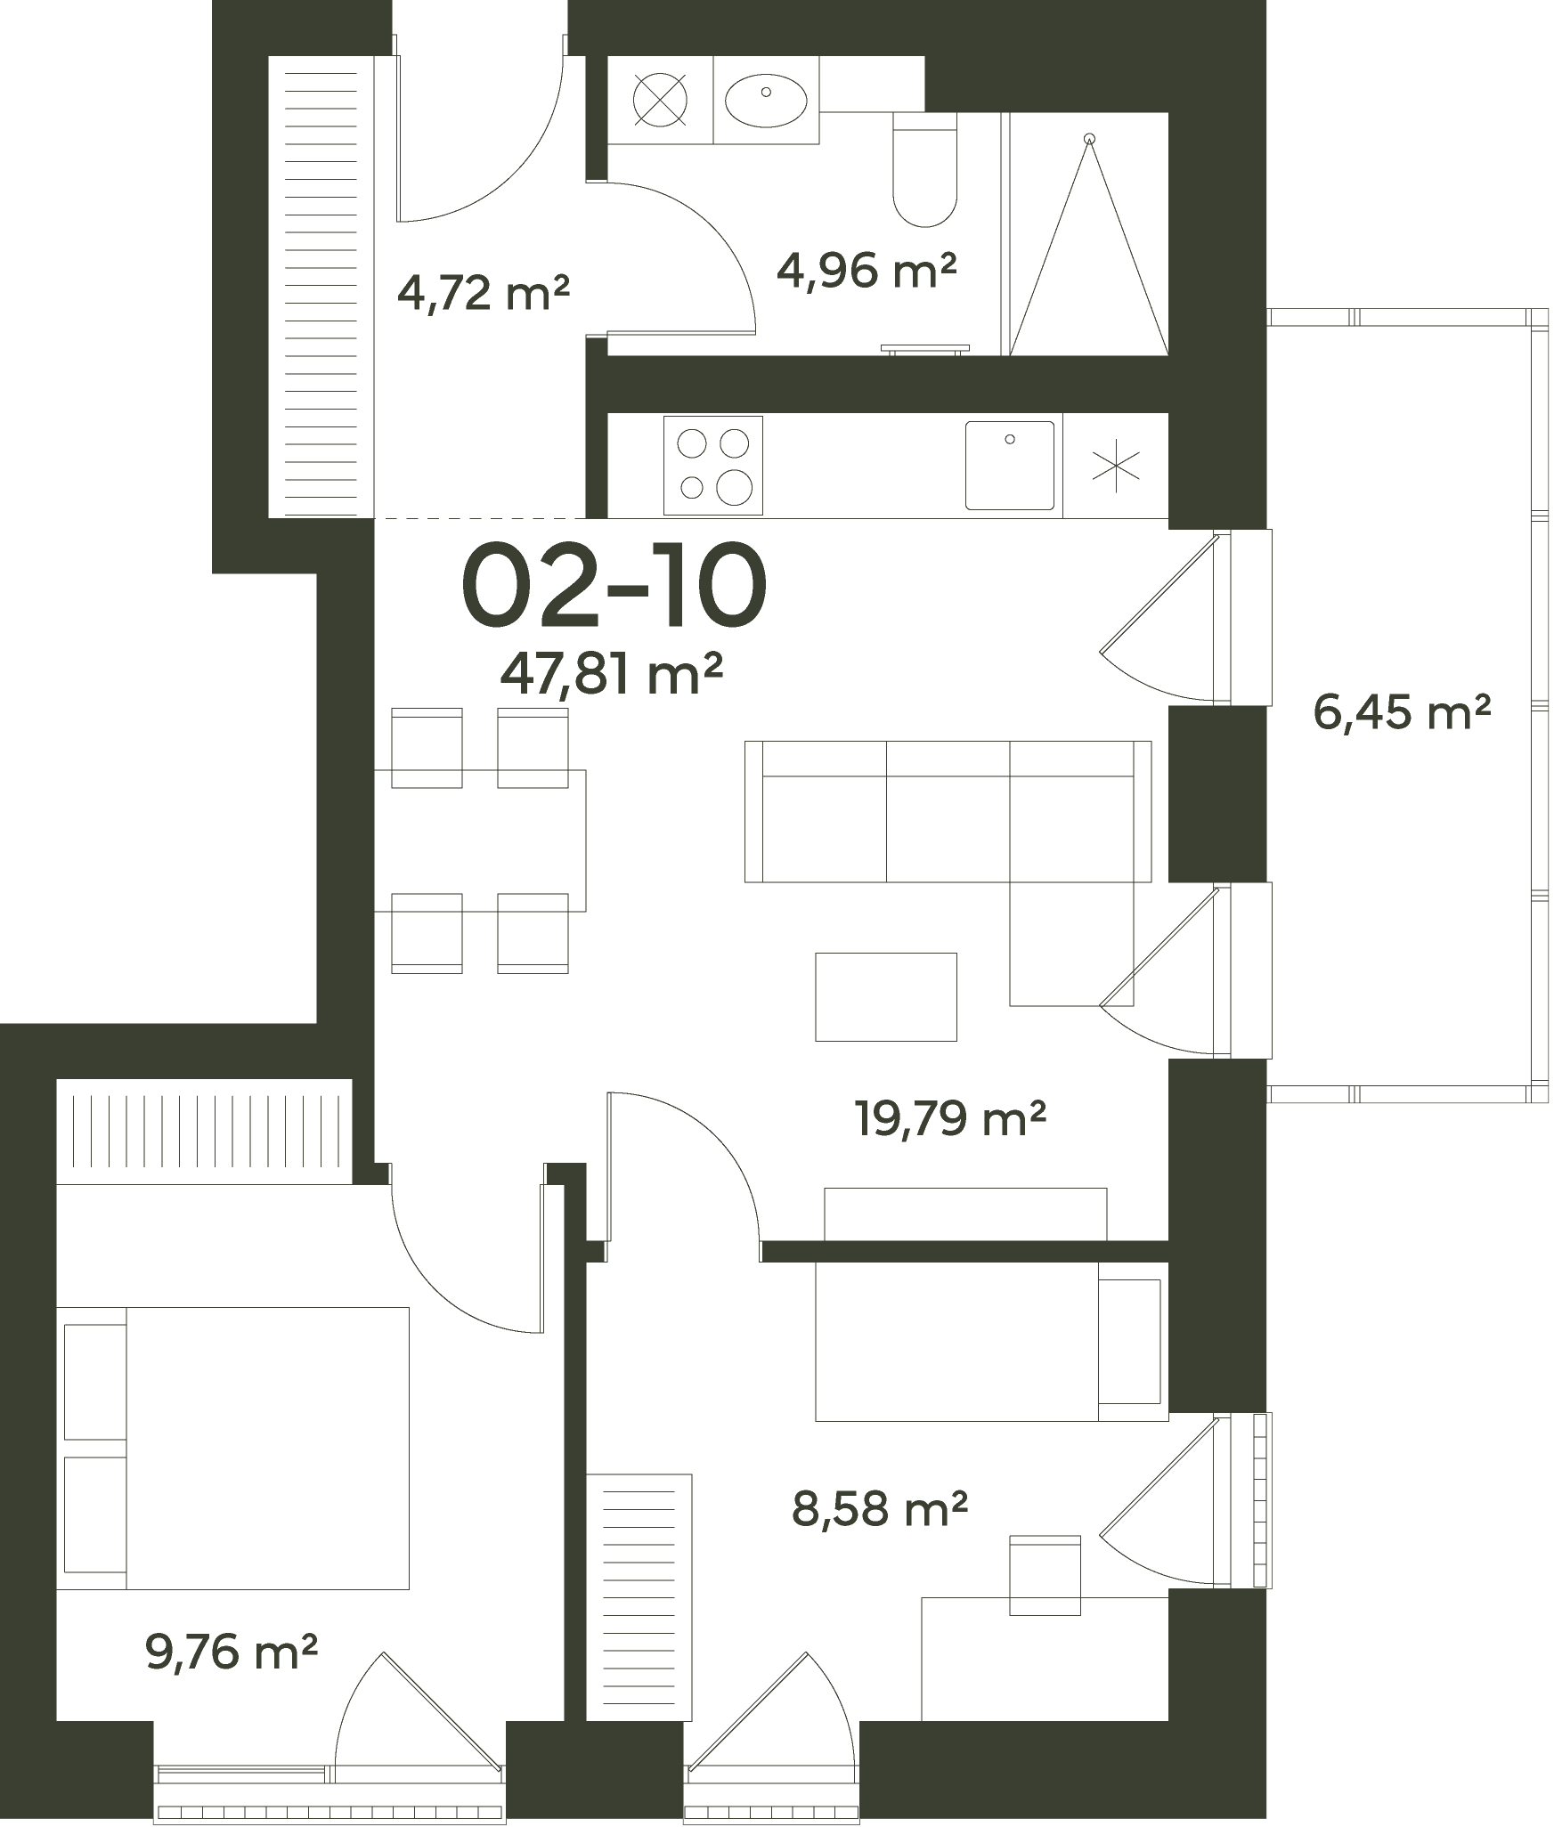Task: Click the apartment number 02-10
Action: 614,586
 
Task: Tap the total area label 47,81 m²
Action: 610,674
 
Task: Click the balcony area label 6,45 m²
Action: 1402,711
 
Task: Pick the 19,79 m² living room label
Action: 949,1117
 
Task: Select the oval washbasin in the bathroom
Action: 766,99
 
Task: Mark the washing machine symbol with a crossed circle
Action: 660,99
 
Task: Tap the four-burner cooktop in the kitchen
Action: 713,466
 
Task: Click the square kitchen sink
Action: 1010,466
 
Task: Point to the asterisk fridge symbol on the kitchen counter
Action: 1116,466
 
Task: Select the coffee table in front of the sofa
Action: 886,996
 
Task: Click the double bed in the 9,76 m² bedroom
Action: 232,1449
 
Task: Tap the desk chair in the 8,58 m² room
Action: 1045,1575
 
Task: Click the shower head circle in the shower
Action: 1088,139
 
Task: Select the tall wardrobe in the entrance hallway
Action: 321,286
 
